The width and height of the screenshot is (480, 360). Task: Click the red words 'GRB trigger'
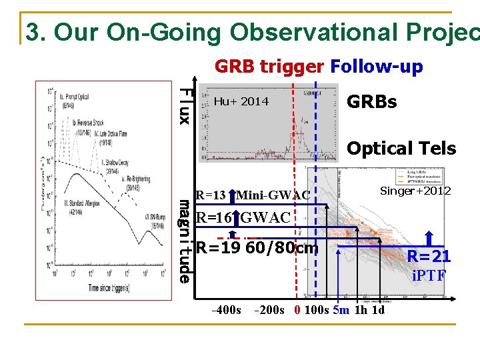pyautogui.click(x=269, y=67)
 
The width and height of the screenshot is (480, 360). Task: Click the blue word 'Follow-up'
pyautogui.click(x=377, y=67)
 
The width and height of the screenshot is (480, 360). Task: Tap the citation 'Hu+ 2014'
pyautogui.click(x=241, y=101)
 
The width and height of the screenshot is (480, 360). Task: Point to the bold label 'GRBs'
pyautogui.click(x=372, y=102)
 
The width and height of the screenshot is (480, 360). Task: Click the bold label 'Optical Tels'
pyautogui.click(x=401, y=148)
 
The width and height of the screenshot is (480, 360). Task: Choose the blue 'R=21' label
pyautogui.click(x=429, y=256)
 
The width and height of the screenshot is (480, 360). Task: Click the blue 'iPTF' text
pyautogui.click(x=429, y=274)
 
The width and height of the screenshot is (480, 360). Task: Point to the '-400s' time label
pyautogui.click(x=225, y=310)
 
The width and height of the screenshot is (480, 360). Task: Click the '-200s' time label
pyautogui.click(x=269, y=310)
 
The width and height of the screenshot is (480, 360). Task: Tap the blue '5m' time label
pyautogui.click(x=341, y=310)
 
